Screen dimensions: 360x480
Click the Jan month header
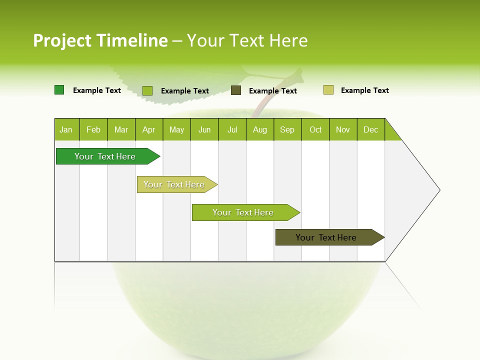66,130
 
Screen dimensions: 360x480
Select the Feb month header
93,130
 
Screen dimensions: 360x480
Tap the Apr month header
148,130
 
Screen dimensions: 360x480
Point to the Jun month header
204,130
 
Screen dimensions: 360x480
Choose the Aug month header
259,130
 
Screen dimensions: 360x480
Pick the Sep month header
287,130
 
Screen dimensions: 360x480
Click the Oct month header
315,130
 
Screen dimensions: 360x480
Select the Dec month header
370,130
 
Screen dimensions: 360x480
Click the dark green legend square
59,90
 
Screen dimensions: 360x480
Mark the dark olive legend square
236,90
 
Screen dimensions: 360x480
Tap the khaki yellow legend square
328,90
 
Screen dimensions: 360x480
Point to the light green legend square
147,90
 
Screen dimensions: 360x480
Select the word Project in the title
62,40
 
